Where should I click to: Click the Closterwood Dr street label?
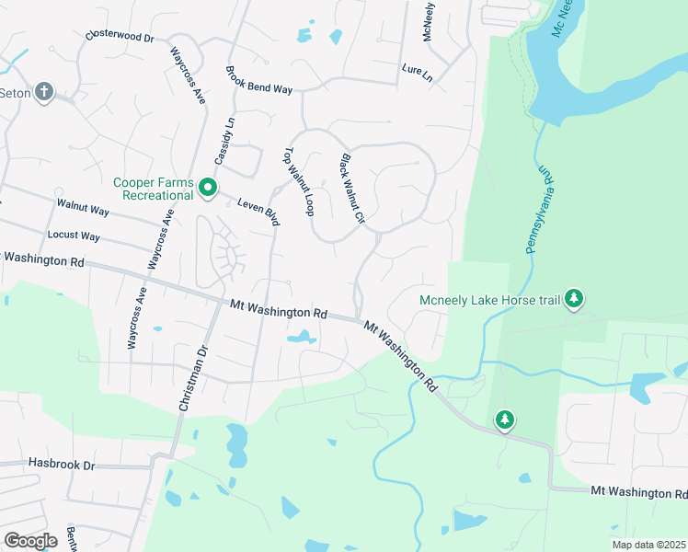click(x=120, y=37)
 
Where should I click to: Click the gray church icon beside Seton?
click(x=44, y=93)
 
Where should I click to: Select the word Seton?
click(x=16, y=93)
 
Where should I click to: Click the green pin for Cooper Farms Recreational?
click(x=208, y=189)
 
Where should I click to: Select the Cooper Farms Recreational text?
click(x=154, y=189)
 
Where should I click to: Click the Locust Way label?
click(x=74, y=236)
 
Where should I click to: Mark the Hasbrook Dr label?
click(x=62, y=465)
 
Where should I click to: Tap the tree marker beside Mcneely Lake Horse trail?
click(x=574, y=298)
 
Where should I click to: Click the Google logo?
click(x=30, y=540)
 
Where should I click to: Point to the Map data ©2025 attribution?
click(x=648, y=545)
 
